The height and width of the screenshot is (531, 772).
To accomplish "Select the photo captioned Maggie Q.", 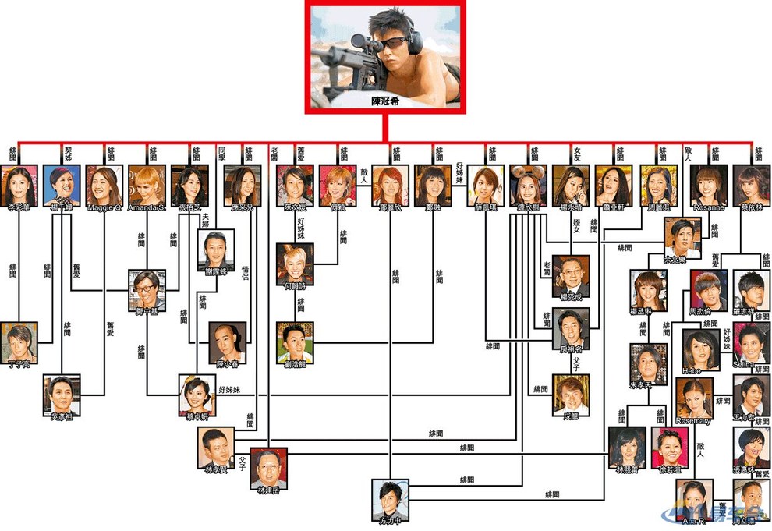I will tap(104, 184).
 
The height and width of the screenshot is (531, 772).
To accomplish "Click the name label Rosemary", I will tap(693, 421).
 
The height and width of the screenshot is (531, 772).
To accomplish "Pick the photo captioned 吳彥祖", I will tap(62, 395).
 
